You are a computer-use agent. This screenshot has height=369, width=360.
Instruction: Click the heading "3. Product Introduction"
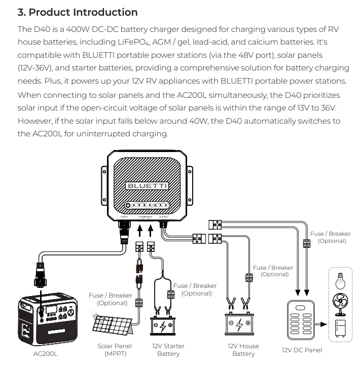(x=78, y=12)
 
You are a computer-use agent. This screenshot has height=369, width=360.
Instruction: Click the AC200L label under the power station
(x=46, y=353)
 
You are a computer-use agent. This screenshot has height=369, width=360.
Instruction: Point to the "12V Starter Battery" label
(x=168, y=350)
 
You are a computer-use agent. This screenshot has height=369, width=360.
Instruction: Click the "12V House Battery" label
(x=243, y=350)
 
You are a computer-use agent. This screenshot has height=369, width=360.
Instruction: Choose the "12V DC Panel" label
(x=302, y=350)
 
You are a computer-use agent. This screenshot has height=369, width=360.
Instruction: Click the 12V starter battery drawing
(x=168, y=325)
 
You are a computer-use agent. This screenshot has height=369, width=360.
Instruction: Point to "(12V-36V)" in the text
(x=37, y=68)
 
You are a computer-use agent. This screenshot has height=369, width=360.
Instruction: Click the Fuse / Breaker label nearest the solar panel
(x=111, y=299)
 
